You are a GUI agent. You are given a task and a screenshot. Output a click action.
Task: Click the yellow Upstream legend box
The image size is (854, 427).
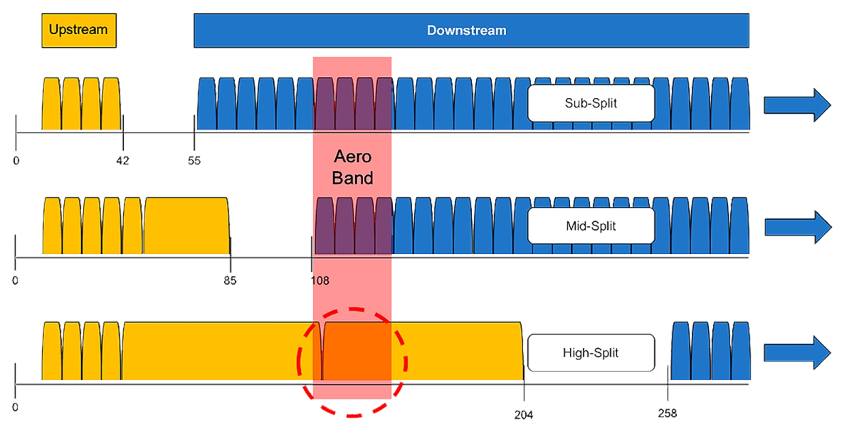79,31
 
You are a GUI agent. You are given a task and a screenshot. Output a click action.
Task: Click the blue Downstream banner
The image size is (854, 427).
471,31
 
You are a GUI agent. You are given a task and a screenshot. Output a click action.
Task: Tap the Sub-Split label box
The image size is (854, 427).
591,103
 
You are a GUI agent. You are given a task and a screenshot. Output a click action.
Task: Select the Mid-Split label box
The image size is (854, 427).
591,226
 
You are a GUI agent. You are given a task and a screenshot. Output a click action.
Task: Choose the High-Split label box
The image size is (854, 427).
591,353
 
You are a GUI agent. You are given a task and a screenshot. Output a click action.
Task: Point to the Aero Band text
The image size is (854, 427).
352,167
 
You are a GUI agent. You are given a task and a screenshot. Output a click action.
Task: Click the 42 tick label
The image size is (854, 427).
122,161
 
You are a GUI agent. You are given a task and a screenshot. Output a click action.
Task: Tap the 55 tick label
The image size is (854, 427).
194,161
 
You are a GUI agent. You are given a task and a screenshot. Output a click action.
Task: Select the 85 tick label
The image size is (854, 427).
230,281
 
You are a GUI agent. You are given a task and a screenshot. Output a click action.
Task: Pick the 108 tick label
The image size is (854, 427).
320,281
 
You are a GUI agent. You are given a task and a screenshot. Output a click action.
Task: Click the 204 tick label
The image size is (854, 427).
524,415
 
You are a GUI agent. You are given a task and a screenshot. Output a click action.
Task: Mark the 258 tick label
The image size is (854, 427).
668,413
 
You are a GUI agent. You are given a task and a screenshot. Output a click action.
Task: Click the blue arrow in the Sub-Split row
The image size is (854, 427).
797,105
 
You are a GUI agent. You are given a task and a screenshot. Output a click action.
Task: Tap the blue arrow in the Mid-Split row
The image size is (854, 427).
798,227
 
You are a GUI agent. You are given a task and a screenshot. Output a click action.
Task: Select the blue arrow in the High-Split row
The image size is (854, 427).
797,353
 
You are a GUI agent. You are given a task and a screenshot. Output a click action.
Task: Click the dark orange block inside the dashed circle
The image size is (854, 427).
357,351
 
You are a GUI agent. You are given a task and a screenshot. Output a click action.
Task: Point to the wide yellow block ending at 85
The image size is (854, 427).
186,226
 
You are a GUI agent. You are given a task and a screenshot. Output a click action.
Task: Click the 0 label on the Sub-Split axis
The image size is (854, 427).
16,161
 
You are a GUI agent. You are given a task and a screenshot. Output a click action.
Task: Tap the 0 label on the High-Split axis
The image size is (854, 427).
15,408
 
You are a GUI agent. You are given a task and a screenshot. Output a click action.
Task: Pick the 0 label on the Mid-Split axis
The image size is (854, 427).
15,281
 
